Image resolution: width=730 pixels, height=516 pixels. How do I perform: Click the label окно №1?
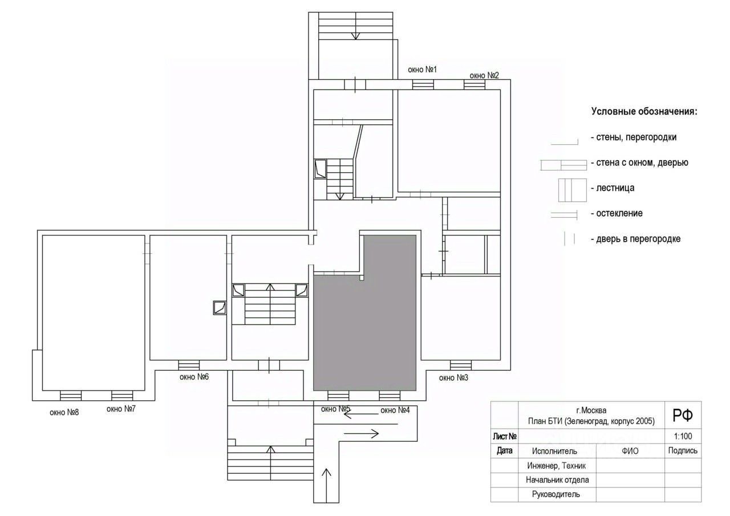pyautogui.click(x=422, y=70)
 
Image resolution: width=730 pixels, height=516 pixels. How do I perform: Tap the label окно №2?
pyautogui.click(x=484, y=75)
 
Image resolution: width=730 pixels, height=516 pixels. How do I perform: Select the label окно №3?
pyautogui.click(x=453, y=377)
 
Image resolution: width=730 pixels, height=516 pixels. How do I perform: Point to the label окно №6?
pyautogui.click(x=194, y=377)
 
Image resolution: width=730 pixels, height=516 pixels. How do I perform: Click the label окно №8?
pyautogui.click(x=64, y=412)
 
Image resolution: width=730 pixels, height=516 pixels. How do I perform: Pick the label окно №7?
pyautogui.click(x=121, y=408)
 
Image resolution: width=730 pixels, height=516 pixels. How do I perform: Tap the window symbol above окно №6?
pyautogui.click(x=189, y=365)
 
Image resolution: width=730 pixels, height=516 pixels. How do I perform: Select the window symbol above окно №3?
pyautogui.click(x=460, y=365)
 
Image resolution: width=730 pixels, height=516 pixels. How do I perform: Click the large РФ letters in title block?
pyautogui.click(x=683, y=415)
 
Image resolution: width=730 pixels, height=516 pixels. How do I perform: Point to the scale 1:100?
pyautogui.click(x=683, y=436)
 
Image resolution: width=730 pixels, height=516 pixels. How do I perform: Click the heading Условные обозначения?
pyautogui.click(x=644, y=111)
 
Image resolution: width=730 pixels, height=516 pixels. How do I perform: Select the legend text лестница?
pyautogui.click(x=615, y=188)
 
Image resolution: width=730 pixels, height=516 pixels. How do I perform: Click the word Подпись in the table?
pyautogui.click(x=683, y=450)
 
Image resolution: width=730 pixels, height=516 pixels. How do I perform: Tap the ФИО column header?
pyautogui.click(x=630, y=451)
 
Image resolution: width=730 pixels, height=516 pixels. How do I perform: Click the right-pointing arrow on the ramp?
pyautogui.click(x=361, y=433)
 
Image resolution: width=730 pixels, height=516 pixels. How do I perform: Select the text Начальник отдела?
pyautogui.click(x=557, y=480)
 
